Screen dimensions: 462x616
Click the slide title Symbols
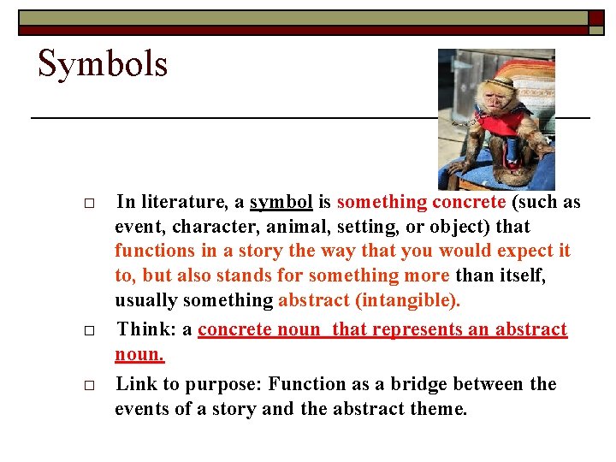(x=103, y=65)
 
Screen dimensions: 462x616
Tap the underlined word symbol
(x=281, y=203)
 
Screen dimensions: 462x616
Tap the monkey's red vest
(x=500, y=124)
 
